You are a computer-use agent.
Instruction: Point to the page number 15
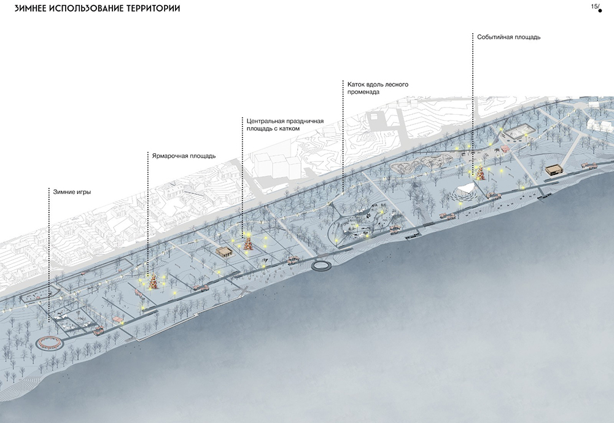pos(594,6)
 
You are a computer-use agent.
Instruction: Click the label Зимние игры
pos(71,192)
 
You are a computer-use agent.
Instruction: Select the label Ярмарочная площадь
pos(184,156)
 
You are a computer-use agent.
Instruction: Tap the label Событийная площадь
pos(509,37)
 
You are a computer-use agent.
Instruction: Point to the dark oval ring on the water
pos(322,265)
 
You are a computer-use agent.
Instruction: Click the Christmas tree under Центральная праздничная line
pos(247,243)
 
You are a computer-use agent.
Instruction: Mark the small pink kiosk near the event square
pos(506,148)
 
